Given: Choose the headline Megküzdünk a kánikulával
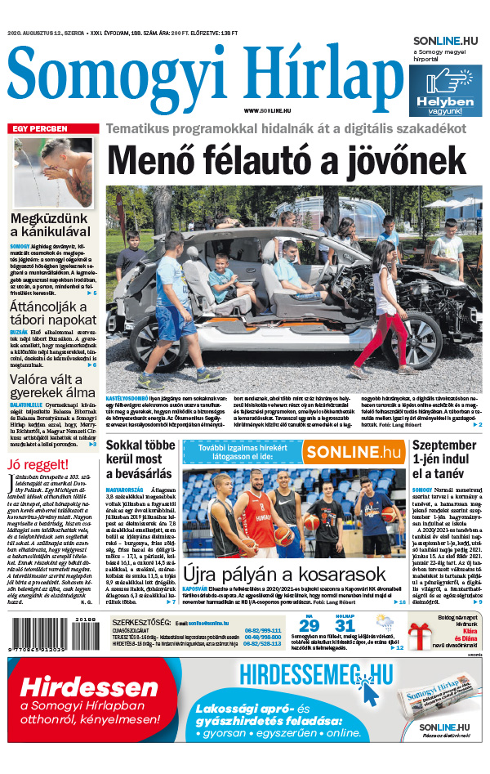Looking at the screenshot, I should [53, 227].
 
